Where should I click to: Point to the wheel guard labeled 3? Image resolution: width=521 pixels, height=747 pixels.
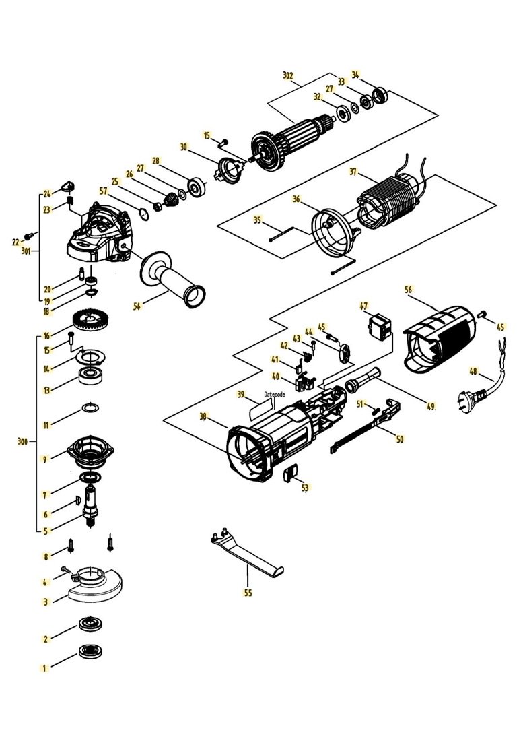tap(94, 583)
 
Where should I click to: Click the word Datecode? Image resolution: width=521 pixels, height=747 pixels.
tap(275, 395)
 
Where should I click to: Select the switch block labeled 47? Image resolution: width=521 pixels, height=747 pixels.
tap(380, 326)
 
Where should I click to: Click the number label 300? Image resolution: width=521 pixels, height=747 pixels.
tap(22, 441)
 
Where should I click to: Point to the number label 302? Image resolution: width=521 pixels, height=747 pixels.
tap(287, 75)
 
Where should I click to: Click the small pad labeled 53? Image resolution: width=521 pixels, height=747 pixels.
tap(290, 474)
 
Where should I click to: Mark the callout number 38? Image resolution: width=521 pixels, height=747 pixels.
tap(204, 416)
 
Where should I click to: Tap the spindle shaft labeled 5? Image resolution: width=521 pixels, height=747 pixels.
tap(91, 505)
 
